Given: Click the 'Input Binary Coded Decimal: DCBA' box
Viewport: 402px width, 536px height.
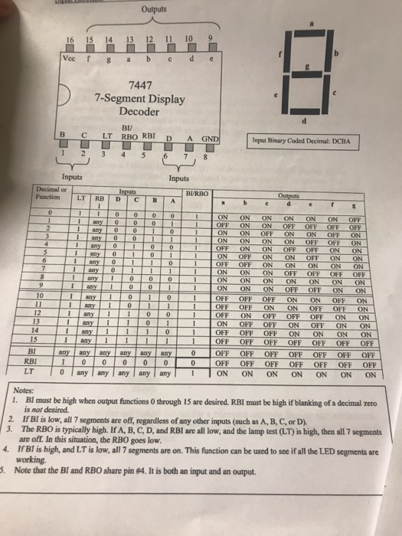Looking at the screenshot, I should pyautogui.click(x=303, y=141).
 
